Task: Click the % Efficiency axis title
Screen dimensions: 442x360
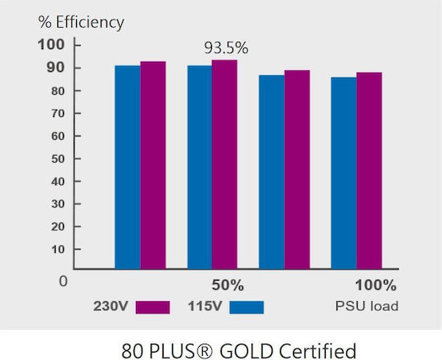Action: click(81, 22)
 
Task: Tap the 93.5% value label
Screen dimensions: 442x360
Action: click(226, 48)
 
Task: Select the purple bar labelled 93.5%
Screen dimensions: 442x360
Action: click(224, 164)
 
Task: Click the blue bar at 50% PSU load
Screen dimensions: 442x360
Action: click(200, 168)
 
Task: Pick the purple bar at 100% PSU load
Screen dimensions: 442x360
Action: click(369, 171)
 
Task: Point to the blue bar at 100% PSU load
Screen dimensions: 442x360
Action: click(344, 173)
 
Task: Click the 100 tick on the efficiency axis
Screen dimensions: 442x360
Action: click(52, 45)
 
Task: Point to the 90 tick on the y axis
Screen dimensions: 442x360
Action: click(56, 68)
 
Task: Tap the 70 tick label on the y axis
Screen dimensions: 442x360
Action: click(58, 114)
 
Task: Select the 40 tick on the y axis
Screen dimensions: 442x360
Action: click(58, 182)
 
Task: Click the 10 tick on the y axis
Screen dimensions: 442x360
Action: click(58, 250)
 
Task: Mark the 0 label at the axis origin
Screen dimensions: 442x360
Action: click(63, 281)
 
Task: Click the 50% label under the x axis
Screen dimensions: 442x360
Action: click(228, 285)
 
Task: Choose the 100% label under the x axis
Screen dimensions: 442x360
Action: click(376, 285)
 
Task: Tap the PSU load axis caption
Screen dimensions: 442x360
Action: click(367, 306)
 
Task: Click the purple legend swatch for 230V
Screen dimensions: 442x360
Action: click(152, 308)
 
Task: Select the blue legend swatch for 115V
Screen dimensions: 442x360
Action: click(246, 308)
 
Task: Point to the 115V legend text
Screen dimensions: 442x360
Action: click(205, 306)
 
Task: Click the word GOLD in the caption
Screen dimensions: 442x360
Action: click(246, 351)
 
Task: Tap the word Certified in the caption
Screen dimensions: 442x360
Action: click(318, 351)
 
